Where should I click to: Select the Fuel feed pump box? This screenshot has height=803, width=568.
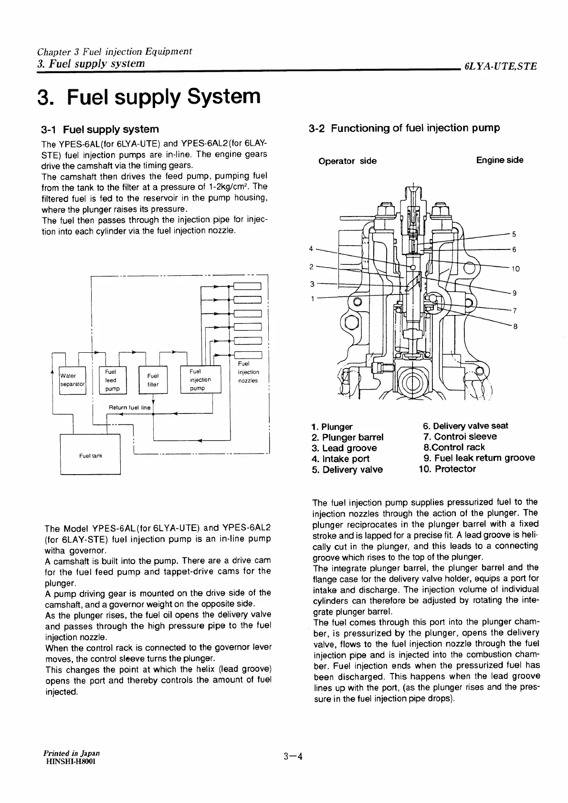point(112,380)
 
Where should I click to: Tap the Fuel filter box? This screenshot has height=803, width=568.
point(153,380)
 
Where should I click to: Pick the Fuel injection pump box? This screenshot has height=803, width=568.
point(200,380)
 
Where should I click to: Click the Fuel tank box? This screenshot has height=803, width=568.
point(91,456)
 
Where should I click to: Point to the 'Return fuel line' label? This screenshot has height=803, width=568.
point(129,408)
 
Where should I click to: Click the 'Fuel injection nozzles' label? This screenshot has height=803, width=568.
point(248,372)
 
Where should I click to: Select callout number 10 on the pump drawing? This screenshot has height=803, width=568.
point(515,269)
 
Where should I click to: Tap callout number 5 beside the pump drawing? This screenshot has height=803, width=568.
point(514,234)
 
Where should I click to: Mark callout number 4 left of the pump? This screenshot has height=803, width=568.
point(311,249)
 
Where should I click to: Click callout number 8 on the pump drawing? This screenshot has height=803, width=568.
point(515,327)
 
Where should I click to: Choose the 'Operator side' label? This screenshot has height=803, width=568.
point(347,161)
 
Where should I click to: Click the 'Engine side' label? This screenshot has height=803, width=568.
point(499,160)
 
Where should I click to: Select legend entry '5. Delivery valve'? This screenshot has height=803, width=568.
point(347,469)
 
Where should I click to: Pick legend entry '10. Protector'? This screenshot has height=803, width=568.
point(447,469)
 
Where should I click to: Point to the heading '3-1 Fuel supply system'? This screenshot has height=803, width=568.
point(100,129)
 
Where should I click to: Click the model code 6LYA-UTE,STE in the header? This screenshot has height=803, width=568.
point(500,66)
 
